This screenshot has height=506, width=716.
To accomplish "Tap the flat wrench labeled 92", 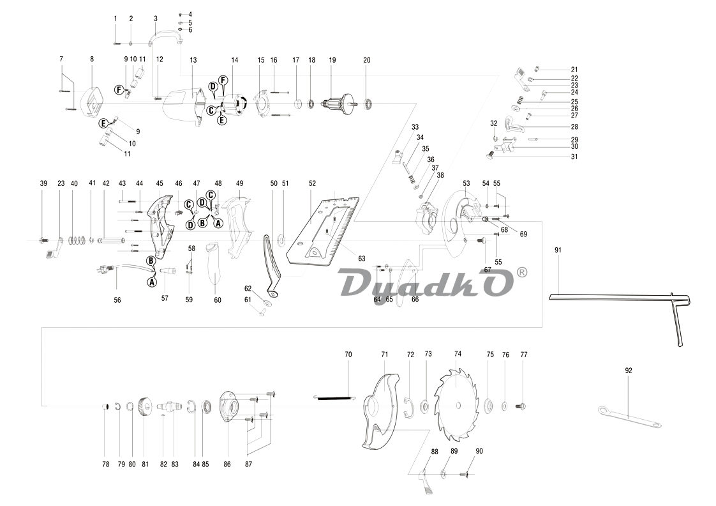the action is point(630,417).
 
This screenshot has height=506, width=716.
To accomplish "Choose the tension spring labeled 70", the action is point(335,397).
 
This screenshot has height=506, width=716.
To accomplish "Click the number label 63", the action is point(362,259).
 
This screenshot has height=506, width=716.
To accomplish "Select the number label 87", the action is point(248,464).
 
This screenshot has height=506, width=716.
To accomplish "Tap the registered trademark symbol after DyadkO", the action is point(522,272).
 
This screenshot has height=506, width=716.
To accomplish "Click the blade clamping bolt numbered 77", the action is point(520,405).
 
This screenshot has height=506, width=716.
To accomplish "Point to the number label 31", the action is point(574,157).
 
